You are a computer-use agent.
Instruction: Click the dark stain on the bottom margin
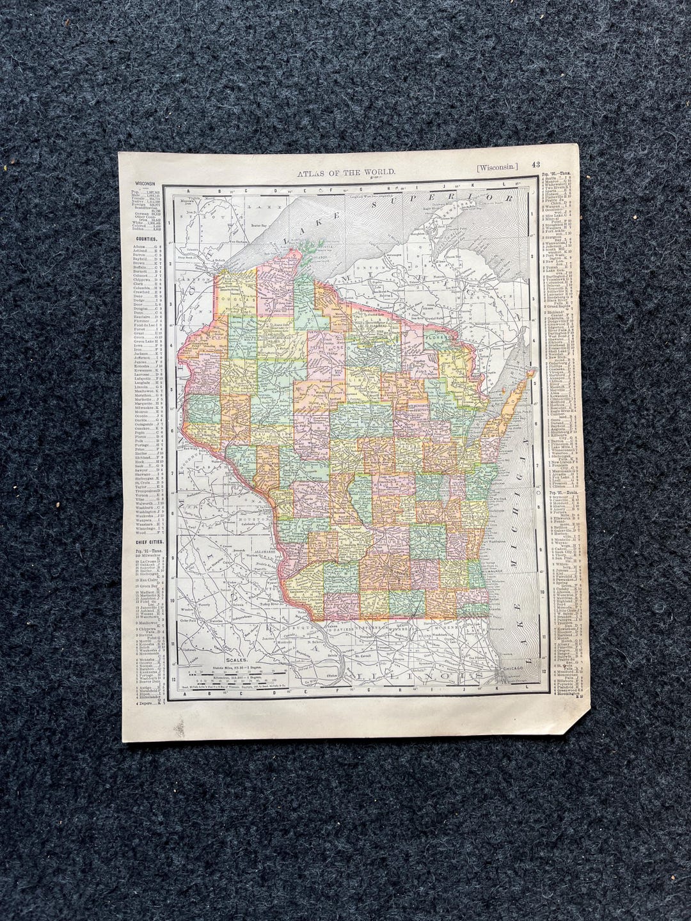click(180, 727)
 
